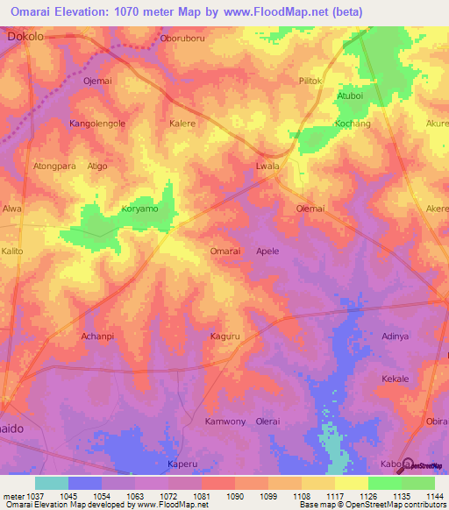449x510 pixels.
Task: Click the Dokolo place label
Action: pos(25,38)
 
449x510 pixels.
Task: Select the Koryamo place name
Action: pos(139,210)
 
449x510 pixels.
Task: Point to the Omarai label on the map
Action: pos(225,251)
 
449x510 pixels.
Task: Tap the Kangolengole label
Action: pos(97,124)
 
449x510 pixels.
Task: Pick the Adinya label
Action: pos(396,336)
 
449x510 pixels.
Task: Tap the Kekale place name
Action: pos(396,379)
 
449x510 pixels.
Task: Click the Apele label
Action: pos(267,251)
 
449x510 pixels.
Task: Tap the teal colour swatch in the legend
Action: pos(51,483)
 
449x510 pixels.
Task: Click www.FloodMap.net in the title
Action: pos(271,12)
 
